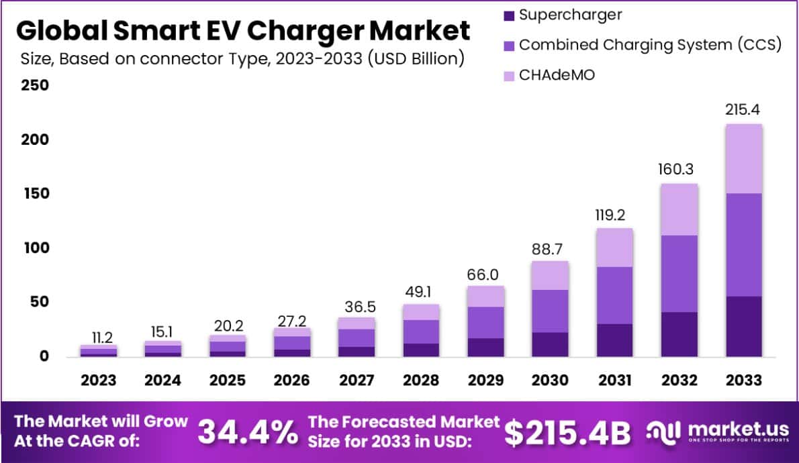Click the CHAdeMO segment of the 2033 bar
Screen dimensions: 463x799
click(743, 158)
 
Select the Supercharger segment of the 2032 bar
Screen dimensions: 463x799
click(679, 334)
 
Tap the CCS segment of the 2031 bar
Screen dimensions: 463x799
click(614, 295)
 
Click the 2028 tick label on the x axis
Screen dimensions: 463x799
click(420, 380)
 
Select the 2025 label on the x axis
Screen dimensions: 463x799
click(228, 380)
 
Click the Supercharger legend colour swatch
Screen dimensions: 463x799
click(508, 15)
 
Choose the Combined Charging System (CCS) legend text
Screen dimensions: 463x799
click(650, 45)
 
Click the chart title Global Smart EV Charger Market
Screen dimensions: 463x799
click(242, 31)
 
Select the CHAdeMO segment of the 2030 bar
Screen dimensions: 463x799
click(551, 275)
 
